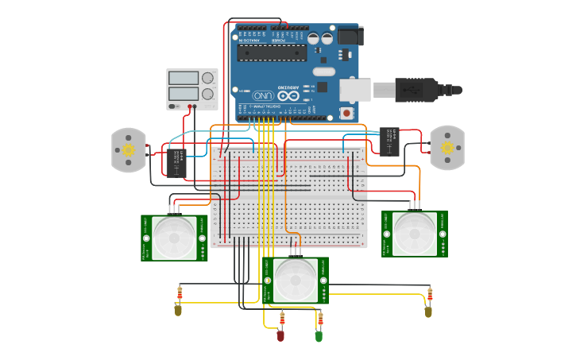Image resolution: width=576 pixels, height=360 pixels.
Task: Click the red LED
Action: [x=280, y=335]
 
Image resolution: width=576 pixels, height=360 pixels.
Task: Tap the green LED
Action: [x=319, y=336]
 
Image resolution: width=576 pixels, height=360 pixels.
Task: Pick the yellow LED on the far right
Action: [x=428, y=311]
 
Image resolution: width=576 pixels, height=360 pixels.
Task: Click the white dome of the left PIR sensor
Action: [x=174, y=237]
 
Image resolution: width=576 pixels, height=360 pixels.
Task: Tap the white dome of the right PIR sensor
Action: [x=415, y=233]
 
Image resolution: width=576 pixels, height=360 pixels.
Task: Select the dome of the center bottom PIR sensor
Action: [x=295, y=280]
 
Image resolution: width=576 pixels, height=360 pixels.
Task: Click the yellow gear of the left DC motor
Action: [x=129, y=149]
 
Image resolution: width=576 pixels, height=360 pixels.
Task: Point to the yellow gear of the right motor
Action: [x=447, y=148]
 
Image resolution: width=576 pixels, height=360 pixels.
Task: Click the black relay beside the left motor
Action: [x=176, y=163]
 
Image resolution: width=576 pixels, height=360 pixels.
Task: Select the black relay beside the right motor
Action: [x=389, y=141]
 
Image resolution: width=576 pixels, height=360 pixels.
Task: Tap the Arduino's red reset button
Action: [x=347, y=113]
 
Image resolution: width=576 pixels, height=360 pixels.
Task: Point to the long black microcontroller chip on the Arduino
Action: [x=272, y=53]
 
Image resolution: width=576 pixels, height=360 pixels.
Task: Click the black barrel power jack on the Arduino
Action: [x=350, y=36]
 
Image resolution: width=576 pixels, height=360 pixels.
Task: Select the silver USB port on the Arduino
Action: [x=355, y=89]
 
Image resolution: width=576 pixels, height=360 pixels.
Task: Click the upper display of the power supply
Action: [x=184, y=78]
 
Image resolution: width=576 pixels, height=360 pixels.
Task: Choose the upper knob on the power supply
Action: [x=208, y=78]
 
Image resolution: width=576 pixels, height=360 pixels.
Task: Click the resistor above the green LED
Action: [x=320, y=319]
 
